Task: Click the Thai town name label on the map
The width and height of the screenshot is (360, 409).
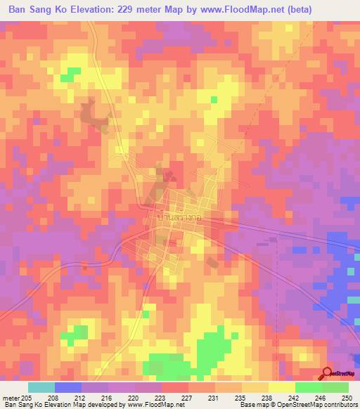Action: (x=169, y=219)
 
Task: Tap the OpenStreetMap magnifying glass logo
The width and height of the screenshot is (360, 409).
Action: (x=328, y=374)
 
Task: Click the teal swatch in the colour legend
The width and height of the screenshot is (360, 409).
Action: (x=41, y=387)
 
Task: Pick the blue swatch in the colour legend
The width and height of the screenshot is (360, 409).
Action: (x=68, y=387)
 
